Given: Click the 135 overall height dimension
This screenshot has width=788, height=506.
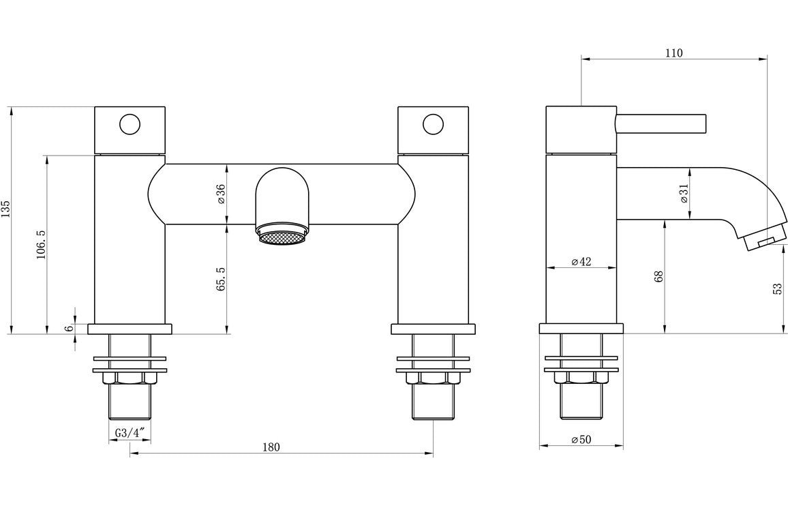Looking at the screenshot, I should coord(6,209).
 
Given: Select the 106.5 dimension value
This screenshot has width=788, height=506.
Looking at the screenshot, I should coord(41,243).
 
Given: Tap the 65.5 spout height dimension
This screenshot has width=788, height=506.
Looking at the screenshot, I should coord(220,280).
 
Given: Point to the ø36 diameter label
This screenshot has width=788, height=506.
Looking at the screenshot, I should coord(220,194).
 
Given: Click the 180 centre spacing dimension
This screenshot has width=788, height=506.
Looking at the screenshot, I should coord(271,447).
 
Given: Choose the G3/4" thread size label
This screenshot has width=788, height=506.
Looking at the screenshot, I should coord(130,433).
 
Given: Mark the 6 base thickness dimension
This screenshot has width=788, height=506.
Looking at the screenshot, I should coord(68,328).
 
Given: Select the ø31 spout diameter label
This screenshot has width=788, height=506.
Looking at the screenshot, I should coord(683,194).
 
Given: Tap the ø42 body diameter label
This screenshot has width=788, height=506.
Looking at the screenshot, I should coord(581,261).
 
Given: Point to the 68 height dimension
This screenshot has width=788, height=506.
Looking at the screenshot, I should coord(658,276).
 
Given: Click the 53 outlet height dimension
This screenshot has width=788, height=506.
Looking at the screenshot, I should coord(777,288).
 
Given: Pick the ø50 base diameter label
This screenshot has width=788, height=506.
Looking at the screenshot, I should coord(581,440).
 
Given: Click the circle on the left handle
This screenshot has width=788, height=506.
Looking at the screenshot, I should coord(129,125).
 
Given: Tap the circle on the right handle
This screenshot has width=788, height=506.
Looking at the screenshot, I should coord(432,125).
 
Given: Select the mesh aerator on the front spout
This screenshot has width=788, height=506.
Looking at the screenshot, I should coord(282,237).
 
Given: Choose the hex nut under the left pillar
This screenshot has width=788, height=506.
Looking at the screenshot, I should coord(130,378).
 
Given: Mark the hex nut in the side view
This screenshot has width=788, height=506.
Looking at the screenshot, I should coord(581,378).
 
